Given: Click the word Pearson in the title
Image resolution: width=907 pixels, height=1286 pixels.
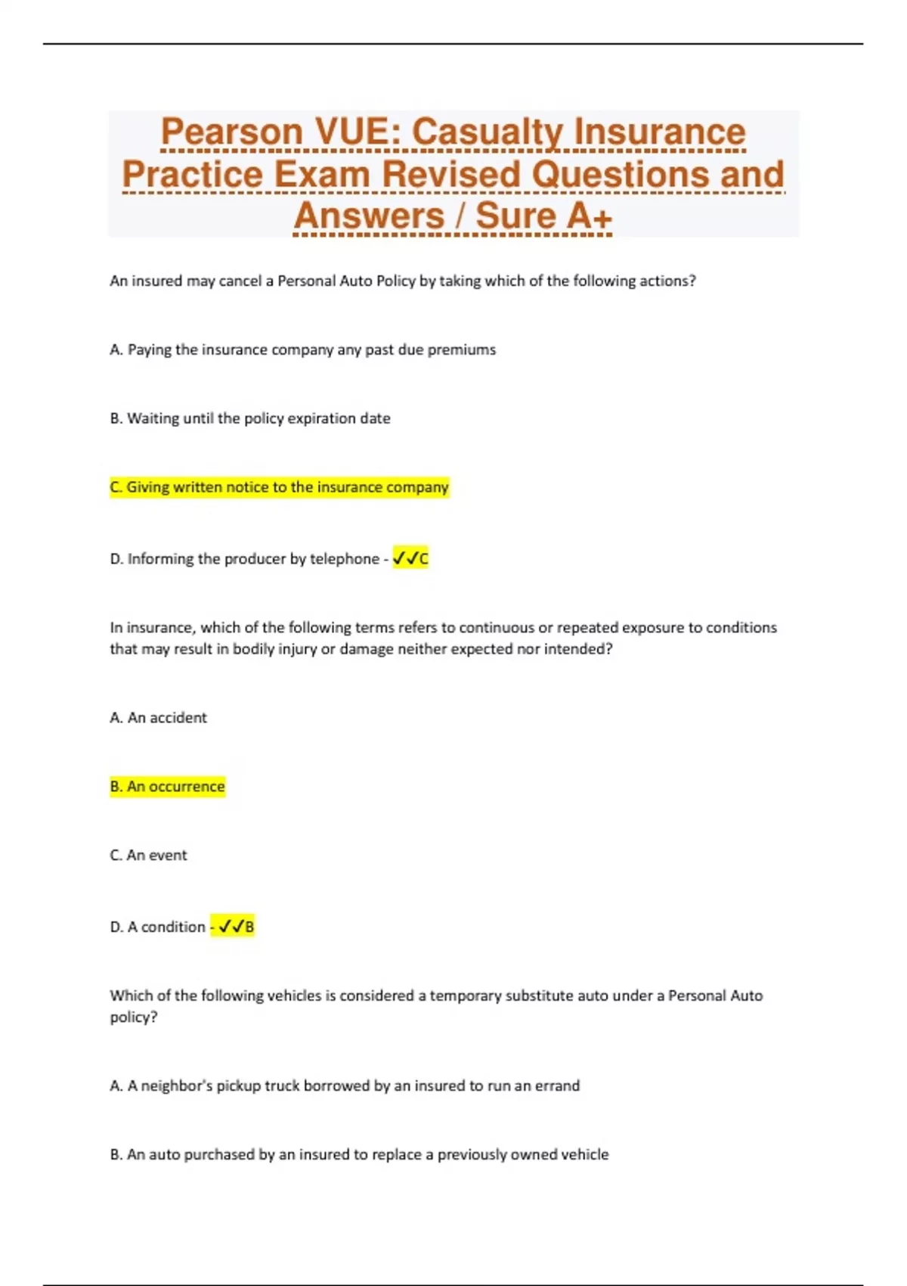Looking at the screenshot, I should (232, 132).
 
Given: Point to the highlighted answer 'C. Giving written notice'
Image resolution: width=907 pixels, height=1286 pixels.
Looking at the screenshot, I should (279, 487).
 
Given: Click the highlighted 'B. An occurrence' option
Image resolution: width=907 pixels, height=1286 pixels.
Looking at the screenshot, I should (167, 787).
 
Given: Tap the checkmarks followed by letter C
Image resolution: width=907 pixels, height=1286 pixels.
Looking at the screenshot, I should (410, 559).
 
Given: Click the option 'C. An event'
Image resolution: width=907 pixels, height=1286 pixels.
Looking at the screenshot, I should (148, 856).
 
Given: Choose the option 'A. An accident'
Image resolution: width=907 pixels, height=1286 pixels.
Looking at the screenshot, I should (158, 718).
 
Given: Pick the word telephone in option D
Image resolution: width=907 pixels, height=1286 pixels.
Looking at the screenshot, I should (344, 559).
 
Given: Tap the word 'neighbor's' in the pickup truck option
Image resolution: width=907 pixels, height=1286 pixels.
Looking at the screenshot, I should (177, 1086).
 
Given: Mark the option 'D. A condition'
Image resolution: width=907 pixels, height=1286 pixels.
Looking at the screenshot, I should (157, 927).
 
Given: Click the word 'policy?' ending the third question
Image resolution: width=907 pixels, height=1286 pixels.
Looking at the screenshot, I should (134, 1017).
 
